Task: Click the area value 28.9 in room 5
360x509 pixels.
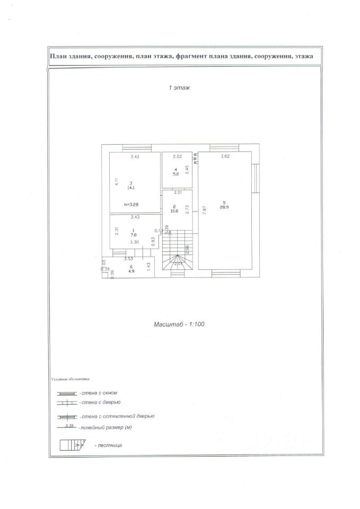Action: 225,207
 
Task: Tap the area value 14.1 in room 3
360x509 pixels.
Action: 130,188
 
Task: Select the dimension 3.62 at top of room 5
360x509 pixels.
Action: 225,156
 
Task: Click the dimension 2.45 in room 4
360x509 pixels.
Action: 187,170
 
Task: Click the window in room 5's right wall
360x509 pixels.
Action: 254,178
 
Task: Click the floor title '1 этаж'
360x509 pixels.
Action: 179,88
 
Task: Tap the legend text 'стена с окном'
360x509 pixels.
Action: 98,393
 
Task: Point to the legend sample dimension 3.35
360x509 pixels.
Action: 68,425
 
